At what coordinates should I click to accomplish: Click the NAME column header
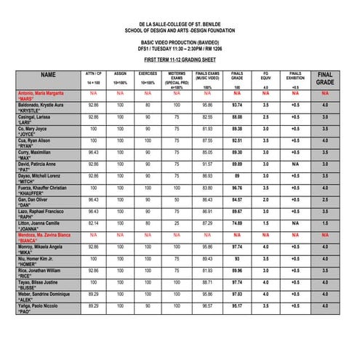point(48,75)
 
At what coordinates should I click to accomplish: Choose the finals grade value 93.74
point(237,105)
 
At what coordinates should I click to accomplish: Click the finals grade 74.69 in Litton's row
point(237,223)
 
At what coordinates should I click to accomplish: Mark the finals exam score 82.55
point(207,117)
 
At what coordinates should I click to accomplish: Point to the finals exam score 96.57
point(207,306)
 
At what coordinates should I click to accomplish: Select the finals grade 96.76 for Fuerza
point(237,188)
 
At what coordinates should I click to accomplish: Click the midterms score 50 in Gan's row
point(177,199)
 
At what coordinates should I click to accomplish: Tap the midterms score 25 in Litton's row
point(177,223)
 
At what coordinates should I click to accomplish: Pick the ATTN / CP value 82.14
point(93,223)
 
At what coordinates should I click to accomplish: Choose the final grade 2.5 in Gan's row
point(325,199)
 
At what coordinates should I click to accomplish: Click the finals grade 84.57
point(237,199)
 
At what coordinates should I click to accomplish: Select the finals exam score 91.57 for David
point(207,164)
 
